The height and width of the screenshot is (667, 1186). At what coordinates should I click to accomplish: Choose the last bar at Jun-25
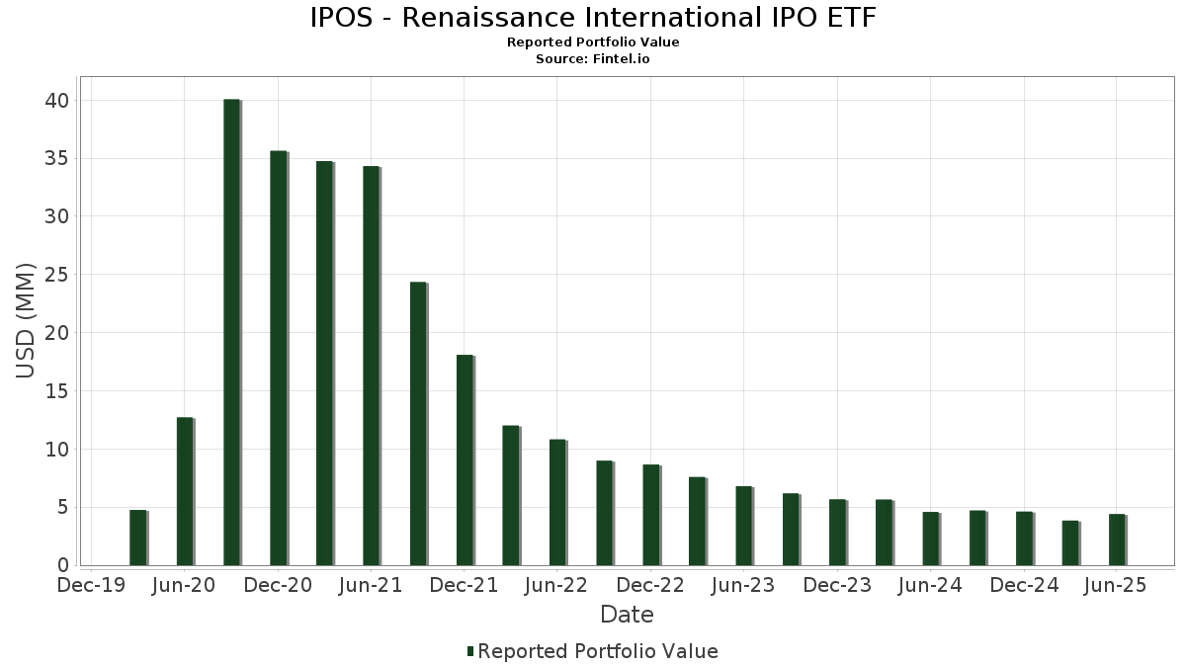(1117, 540)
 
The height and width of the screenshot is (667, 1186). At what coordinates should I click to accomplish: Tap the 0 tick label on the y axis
(63, 565)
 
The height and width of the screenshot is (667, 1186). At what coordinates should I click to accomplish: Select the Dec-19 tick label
(91, 586)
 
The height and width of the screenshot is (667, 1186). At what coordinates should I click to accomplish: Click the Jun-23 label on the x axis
(743, 586)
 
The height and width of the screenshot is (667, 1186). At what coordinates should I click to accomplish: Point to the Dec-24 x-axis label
(1024, 586)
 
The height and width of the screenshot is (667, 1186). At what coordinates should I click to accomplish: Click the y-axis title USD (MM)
(26, 321)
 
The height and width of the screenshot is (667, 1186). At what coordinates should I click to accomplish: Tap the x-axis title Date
(627, 615)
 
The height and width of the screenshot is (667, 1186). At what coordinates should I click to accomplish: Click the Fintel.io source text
(622, 59)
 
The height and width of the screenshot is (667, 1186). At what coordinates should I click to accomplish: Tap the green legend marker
(470, 651)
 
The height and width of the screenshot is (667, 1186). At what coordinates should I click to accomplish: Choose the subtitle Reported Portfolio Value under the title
(593, 42)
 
